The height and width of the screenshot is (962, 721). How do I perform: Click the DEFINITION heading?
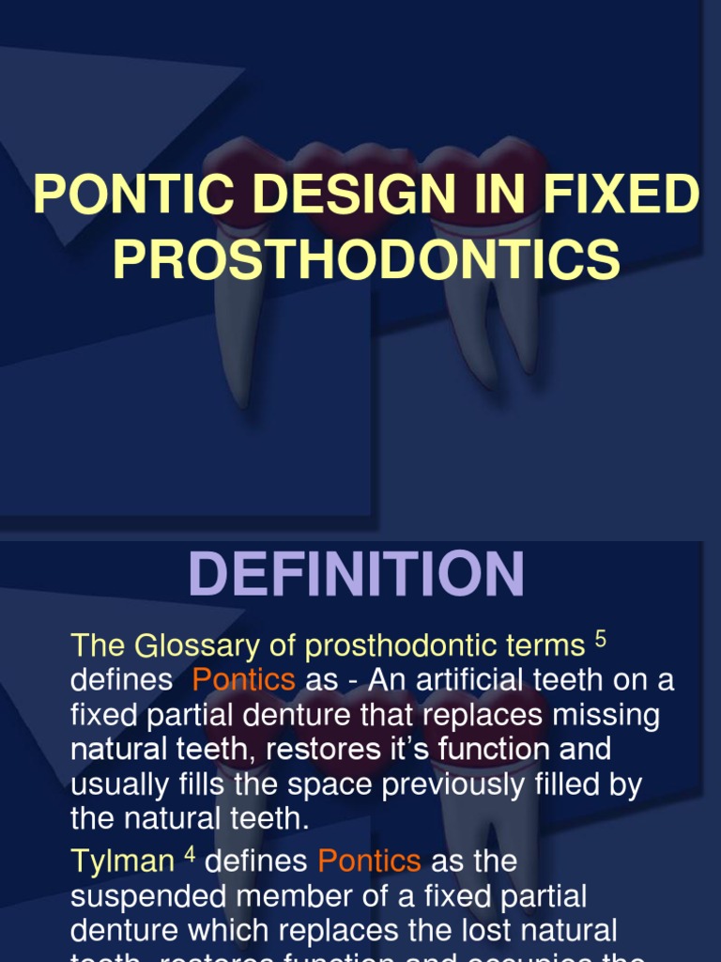click(357, 574)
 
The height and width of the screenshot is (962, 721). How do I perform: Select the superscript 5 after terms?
click(601, 640)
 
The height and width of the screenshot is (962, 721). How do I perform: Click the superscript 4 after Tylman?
click(188, 856)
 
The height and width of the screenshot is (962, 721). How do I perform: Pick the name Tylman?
click(122, 861)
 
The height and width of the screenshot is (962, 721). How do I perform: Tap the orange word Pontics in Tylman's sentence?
click(369, 861)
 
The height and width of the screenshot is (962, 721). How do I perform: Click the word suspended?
click(140, 896)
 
